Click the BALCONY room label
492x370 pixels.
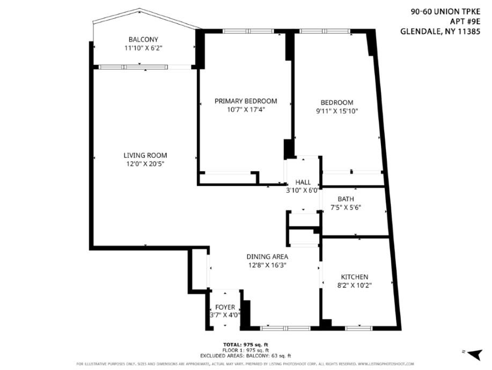click(x=143, y=40)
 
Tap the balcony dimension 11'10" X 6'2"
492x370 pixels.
click(x=143, y=48)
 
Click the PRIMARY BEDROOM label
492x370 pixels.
click(x=246, y=101)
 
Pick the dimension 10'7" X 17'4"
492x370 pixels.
click(x=246, y=110)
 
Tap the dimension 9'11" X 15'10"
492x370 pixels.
click(x=337, y=111)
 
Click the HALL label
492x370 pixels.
click(x=303, y=183)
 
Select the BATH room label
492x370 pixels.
click(x=346, y=199)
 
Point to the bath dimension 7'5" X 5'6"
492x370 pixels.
click(x=346, y=208)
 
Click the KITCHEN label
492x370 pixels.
click(x=353, y=277)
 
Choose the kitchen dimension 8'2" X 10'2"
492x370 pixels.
click(x=353, y=285)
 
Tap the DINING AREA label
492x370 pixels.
click(x=267, y=257)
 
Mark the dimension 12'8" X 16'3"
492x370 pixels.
click(x=267, y=265)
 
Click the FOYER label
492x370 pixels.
click(x=225, y=307)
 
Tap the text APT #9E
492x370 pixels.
click(x=465, y=21)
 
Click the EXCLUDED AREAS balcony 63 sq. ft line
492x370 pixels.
click(x=245, y=356)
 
